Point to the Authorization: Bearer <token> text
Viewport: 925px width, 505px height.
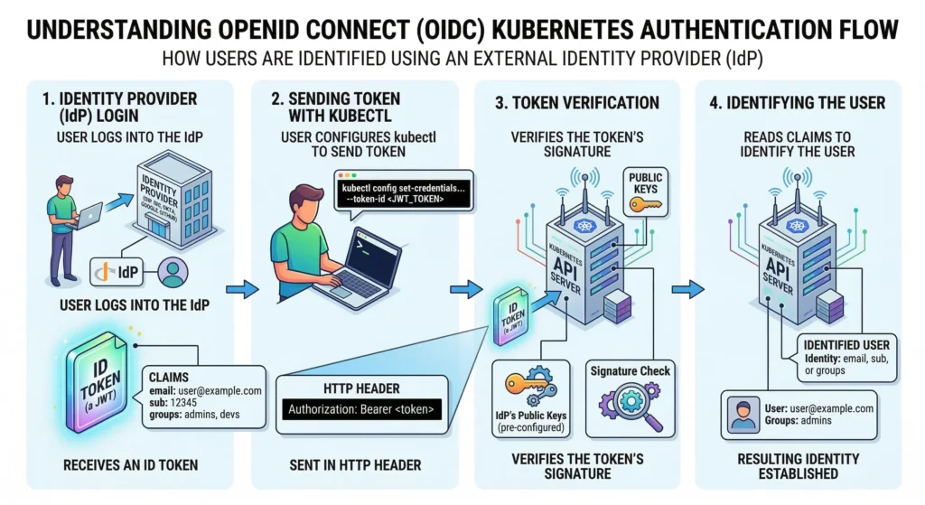click(361, 410)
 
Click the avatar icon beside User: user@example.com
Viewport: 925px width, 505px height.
click(744, 414)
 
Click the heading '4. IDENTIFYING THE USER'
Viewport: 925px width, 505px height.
click(798, 103)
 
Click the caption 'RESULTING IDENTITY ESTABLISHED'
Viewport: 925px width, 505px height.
click(799, 466)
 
